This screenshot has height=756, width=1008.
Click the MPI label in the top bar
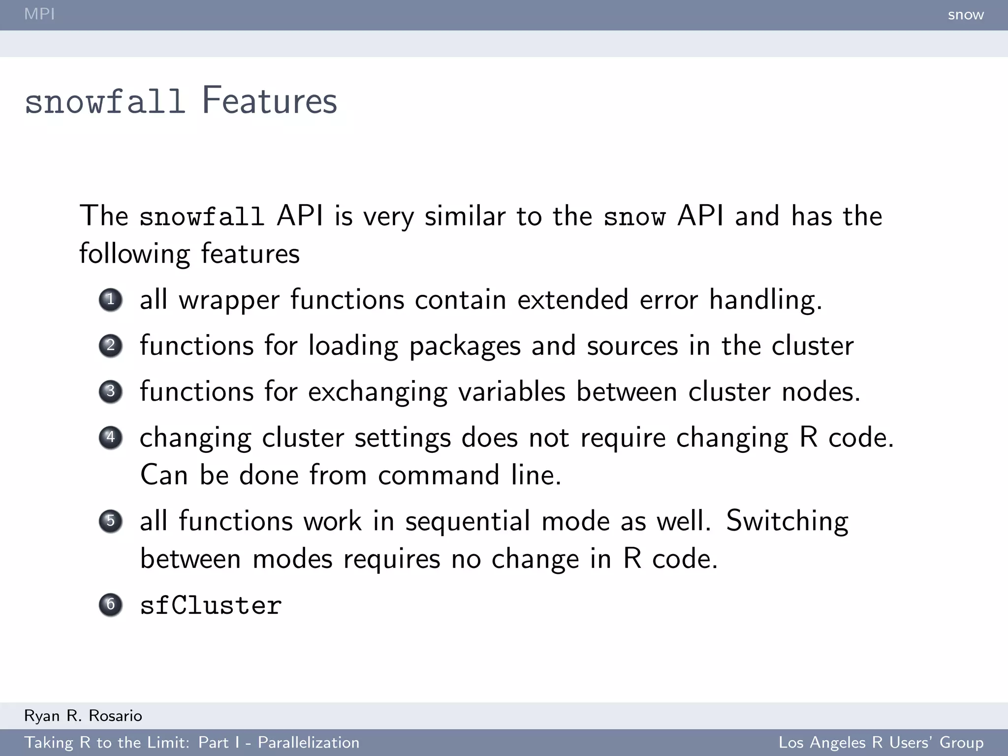pyautogui.click(x=39, y=14)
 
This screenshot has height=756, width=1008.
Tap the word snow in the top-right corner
pyautogui.click(x=966, y=15)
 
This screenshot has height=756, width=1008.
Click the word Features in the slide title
pyautogui.click(x=269, y=101)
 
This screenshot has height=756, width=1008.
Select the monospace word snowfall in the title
pyautogui.click(x=105, y=102)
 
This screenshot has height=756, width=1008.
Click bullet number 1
pyautogui.click(x=110, y=300)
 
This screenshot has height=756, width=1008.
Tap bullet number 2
pyautogui.click(x=110, y=346)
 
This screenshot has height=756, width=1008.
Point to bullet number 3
pyautogui.click(x=110, y=392)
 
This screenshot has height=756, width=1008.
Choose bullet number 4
pyautogui.click(x=110, y=438)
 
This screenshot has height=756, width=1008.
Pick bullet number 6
pyautogui.click(x=110, y=605)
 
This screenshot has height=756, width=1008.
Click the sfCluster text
pyautogui.click(x=211, y=605)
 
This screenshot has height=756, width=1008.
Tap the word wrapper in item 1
pyautogui.click(x=229, y=301)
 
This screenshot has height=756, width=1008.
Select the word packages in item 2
pyautogui.click(x=465, y=346)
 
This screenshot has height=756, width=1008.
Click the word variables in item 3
pyautogui.click(x=511, y=392)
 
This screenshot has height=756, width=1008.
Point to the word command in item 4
pyautogui.click(x=439, y=475)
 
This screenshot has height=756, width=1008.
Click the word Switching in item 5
pyautogui.click(x=787, y=521)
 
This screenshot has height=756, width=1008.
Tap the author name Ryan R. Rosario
pyautogui.click(x=83, y=716)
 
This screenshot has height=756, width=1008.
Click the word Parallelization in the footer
pyautogui.click(x=309, y=743)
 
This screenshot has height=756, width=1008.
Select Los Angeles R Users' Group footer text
pyautogui.click(x=881, y=743)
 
